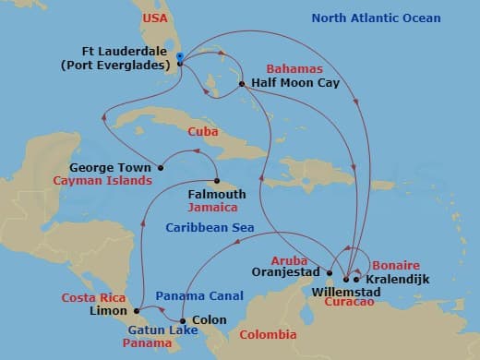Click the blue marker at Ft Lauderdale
[x=179, y=58]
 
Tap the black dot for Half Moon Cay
[x=242, y=84]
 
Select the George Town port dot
[x=161, y=168]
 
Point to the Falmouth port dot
[x=217, y=181]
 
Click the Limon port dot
[x=137, y=310]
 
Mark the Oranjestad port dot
[x=329, y=272]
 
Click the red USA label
[x=153, y=18]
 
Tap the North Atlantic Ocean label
[x=376, y=18]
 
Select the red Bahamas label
[x=294, y=69]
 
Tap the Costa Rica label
[x=92, y=297]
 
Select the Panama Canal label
[x=199, y=296]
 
